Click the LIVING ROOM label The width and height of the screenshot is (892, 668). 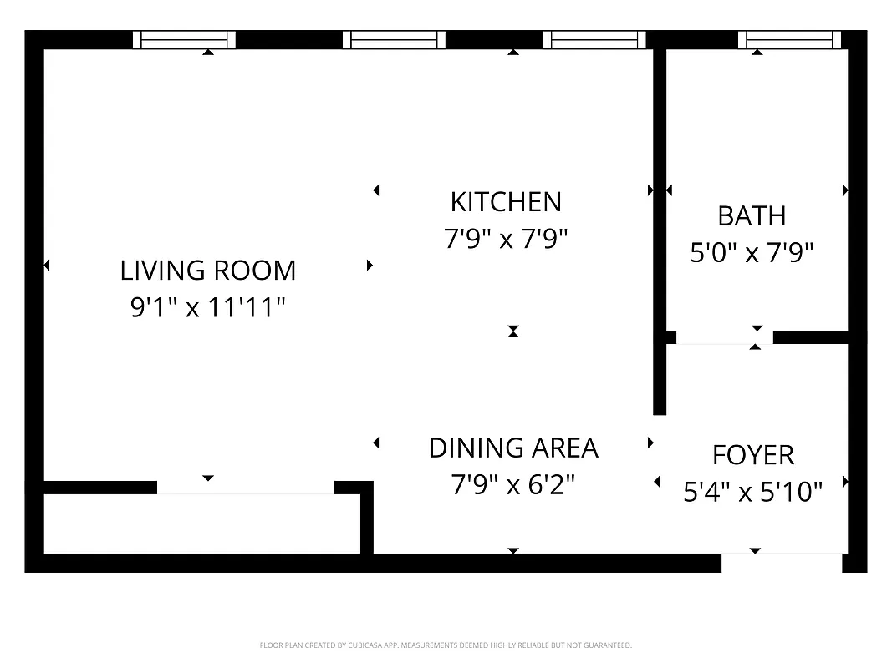(207, 271)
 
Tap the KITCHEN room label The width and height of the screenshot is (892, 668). (505, 202)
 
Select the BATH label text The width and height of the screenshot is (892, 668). (752, 216)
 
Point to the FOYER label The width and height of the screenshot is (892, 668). (752, 455)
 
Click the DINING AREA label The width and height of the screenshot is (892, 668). (513, 448)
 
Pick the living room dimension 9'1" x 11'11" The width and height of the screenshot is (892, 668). (207, 308)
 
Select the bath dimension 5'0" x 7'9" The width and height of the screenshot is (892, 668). (752, 252)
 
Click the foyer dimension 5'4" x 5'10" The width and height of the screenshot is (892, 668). (752, 493)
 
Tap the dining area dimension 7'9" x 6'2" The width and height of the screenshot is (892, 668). (513, 484)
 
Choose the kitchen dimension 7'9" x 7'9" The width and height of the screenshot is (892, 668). (505, 240)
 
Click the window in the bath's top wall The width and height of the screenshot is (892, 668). (790, 39)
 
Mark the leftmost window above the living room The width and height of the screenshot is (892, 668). (185, 39)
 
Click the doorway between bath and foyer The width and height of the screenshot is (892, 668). (724, 337)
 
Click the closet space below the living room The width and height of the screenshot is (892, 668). (201, 524)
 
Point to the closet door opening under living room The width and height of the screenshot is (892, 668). (245, 488)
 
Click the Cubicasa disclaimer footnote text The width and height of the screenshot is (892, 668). (446, 645)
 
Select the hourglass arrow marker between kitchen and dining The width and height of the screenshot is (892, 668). (513, 331)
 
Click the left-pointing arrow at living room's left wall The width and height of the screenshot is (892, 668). (47, 266)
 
